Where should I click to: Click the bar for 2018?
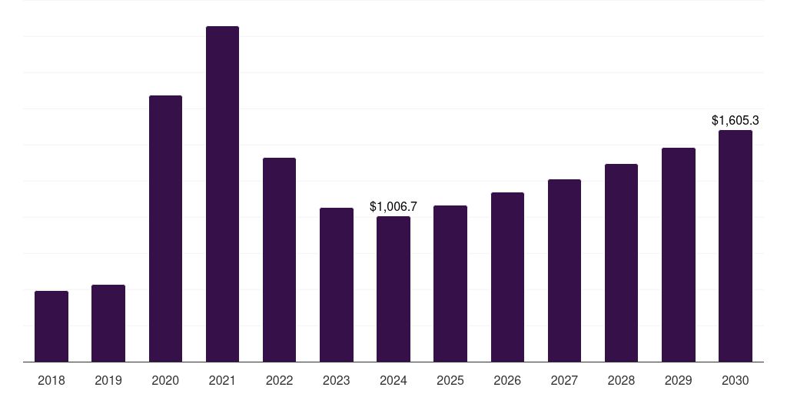(x=51, y=326)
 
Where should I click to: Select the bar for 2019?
(x=108, y=323)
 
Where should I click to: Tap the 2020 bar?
(x=166, y=229)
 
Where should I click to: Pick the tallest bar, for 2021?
(x=222, y=194)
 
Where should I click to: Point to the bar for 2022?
(x=279, y=260)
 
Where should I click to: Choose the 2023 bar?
(x=337, y=285)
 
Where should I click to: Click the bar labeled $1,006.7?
(x=393, y=289)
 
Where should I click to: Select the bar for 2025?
(x=450, y=283)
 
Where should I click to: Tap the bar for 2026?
(x=507, y=277)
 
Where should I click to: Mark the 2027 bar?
(x=564, y=270)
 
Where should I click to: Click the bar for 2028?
(x=621, y=263)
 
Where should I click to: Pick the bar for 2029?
(x=679, y=255)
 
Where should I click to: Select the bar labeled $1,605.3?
(x=736, y=245)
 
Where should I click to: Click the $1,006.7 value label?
(x=393, y=206)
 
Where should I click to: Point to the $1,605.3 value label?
(x=736, y=121)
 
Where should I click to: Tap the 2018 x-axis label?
(x=51, y=380)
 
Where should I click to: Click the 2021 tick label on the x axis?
(x=222, y=380)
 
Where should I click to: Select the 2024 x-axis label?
(x=393, y=380)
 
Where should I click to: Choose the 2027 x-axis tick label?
(x=564, y=380)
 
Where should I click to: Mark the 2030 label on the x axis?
(x=736, y=380)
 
